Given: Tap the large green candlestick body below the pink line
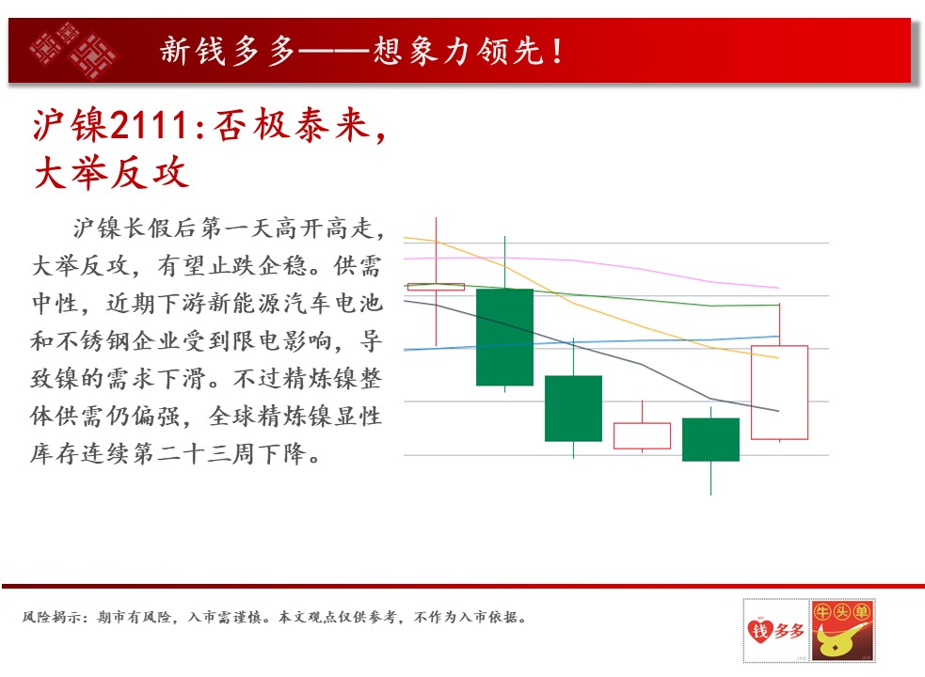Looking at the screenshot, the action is pyautogui.click(x=504, y=338).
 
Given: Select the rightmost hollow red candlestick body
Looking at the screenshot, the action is pyautogui.click(x=779, y=392).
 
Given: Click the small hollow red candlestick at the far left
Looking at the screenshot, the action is pyautogui.click(x=436, y=287).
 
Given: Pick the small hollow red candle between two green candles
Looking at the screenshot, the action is pyautogui.click(x=642, y=435).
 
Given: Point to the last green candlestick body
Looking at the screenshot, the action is pyautogui.click(x=710, y=439).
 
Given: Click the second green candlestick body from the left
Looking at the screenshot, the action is pyautogui.click(x=573, y=408).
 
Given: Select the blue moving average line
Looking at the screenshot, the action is pyautogui.click(x=591, y=342).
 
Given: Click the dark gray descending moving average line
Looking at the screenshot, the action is pyautogui.click(x=591, y=349).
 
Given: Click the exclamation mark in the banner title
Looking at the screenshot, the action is pyautogui.click(x=556, y=52).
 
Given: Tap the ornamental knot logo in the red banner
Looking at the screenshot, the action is pyautogui.click(x=73, y=51).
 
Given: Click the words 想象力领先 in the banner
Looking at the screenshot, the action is pyautogui.click(x=458, y=52).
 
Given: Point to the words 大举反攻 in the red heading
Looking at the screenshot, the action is pyautogui.click(x=111, y=173).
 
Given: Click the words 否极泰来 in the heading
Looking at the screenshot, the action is pyautogui.click(x=292, y=125).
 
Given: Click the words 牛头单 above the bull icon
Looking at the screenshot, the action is pyautogui.click(x=842, y=612).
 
